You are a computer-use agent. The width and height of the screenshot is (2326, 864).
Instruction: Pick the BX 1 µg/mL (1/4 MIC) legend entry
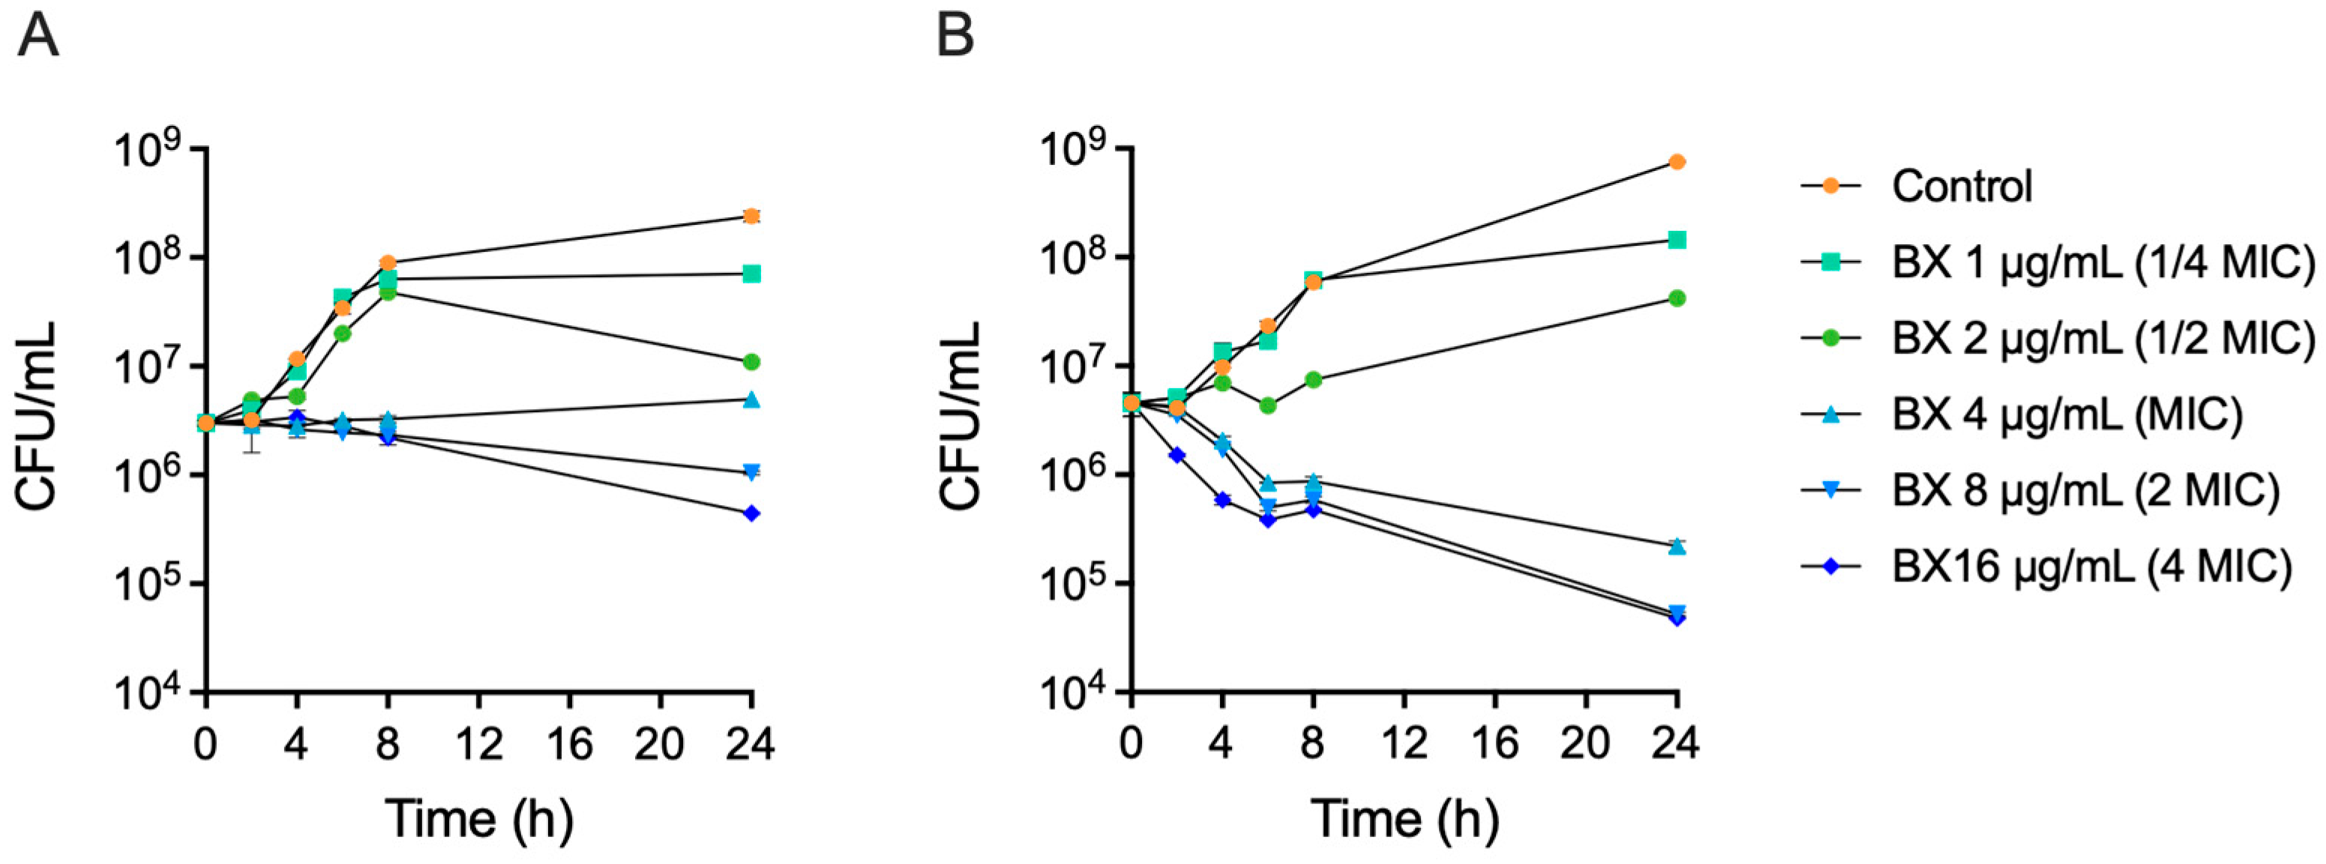[x=2058, y=262]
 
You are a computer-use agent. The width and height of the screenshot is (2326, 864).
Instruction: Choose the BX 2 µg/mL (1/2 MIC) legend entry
[x=2058, y=339]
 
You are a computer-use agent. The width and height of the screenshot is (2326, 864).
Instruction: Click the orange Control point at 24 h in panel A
[x=751, y=216]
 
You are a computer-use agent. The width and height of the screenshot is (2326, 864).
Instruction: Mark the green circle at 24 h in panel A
[x=751, y=362]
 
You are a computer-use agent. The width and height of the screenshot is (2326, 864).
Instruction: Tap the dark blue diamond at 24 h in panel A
[x=751, y=514]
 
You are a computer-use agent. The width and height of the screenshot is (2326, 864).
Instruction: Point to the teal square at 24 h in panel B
[x=1677, y=239]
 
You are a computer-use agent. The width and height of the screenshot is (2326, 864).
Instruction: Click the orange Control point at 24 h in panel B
[x=1677, y=162]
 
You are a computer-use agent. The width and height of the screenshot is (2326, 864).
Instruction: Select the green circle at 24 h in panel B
[x=1677, y=298]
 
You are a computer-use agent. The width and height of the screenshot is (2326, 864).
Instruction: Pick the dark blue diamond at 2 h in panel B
[x=1176, y=455]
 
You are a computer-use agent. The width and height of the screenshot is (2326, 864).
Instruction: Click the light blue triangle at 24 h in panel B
[x=1677, y=546]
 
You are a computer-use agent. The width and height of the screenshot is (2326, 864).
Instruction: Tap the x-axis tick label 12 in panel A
[x=478, y=745]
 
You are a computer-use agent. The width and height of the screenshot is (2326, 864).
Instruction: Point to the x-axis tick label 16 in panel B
[x=1494, y=745]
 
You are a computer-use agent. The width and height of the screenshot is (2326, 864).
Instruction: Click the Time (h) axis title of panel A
[x=479, y=820]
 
